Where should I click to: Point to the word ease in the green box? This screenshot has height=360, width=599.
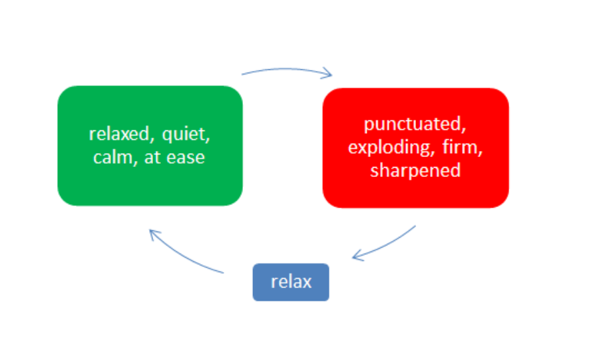tap(186, 158)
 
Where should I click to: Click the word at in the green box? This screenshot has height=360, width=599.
tap(152, 158)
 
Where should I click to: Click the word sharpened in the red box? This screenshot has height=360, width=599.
tap(415, 170)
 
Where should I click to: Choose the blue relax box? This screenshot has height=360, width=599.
tap(291, 282)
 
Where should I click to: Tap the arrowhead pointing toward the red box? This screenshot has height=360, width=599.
tap(327, 73)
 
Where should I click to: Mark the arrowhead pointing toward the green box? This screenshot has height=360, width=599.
tap(154, 234)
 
